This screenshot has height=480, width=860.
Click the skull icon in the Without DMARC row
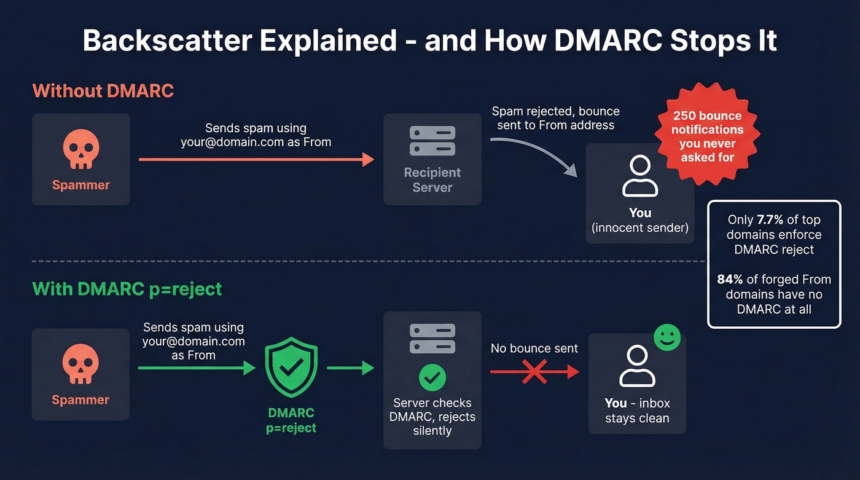(80, 150)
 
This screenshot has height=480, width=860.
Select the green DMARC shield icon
(291, 368)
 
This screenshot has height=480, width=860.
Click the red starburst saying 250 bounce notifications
(707, 136)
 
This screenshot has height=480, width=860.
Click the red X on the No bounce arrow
(534, 372)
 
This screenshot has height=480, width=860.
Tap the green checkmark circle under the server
(432, 377)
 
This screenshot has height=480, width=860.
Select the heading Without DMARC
(103, 91)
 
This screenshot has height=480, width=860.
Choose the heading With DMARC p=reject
(127, 288)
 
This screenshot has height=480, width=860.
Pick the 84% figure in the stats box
(730, 279)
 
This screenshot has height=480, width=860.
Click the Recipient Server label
(432, 180)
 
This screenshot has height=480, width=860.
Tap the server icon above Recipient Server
(432, 140)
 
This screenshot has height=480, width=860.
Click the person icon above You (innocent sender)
(639, 176)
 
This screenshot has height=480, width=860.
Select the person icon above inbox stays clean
(637, 366)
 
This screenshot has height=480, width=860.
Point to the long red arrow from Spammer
(256, 160)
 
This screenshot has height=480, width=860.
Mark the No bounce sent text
(534, 348)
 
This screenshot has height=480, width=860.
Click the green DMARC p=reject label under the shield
(291, 420)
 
